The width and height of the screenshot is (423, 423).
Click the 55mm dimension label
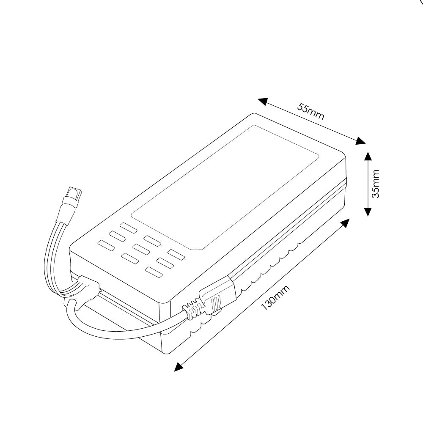[311, 112]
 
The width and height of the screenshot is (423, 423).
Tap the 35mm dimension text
[376, 184]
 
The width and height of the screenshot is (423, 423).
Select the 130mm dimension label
[275, 298]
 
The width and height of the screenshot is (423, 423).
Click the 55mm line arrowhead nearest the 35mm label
[360, 141]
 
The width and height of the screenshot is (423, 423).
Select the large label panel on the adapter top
[226, 186]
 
